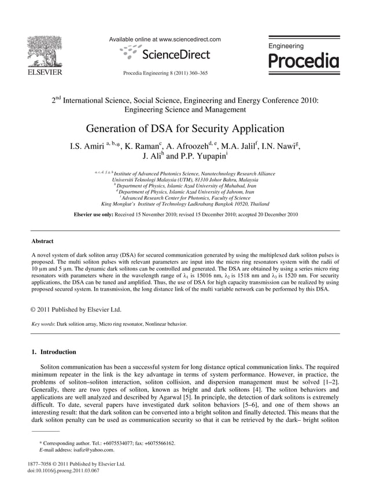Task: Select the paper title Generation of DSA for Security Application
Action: pos(185,128)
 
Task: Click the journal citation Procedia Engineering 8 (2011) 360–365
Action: pos(165,73)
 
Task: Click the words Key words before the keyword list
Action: pos(43,325)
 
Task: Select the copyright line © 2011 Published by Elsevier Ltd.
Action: pos(76,310)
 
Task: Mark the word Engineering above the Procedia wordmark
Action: pos(286,46)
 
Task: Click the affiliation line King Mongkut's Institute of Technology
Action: pos(177,204)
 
